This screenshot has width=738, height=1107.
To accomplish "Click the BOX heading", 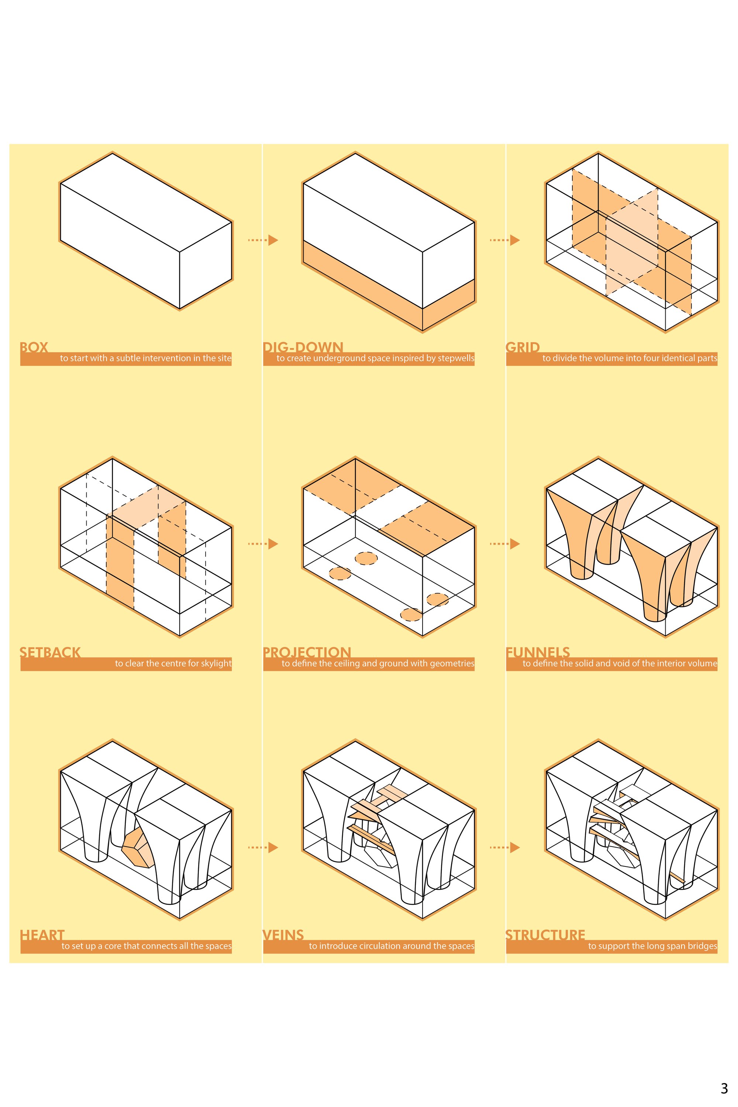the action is tap(34, 347).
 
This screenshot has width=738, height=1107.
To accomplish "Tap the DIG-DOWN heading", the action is tap(303, 347).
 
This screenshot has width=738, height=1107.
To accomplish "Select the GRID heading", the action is tap(523, 347).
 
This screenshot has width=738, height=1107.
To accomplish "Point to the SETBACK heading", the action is tap(50, 652).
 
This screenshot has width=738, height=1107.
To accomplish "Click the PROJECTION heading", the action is tap(307, 652).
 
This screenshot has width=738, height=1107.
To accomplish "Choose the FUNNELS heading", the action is tap(538, 652).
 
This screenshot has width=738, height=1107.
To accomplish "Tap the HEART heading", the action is tap(42, 935).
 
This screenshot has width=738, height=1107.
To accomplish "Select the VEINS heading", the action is tap(283, 935).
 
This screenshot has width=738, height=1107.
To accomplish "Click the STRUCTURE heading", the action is tap(545, 935).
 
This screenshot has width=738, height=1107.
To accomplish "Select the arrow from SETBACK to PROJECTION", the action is tap(263, 544).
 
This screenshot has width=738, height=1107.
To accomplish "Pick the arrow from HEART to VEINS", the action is tap(263, 847).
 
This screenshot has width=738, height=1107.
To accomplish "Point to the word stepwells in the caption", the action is tap(456, 359).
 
